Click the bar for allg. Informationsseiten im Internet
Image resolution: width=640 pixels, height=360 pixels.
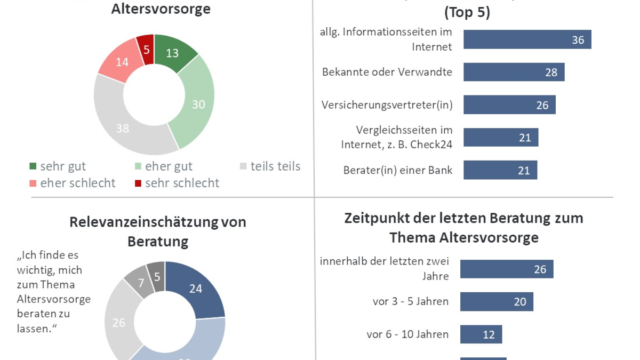pos(527,39)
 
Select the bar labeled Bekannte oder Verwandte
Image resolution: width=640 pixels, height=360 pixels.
pos(514,72)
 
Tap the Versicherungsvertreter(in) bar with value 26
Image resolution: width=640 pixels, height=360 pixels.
pos(509,105)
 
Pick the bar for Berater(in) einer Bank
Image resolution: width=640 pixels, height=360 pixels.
pos(500,170)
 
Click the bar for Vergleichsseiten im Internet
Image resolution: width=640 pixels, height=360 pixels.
pos(501,138)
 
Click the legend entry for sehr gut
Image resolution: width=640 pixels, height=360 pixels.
pos(58,167)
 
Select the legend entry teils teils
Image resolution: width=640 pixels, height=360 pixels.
pos(270,167)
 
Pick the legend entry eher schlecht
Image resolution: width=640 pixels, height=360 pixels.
pos(72,183)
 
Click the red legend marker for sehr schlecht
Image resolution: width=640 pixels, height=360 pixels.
pos(138,183)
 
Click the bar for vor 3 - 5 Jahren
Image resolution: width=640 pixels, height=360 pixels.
pos(497,302)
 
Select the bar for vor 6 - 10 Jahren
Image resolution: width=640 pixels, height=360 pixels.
pos(481,334)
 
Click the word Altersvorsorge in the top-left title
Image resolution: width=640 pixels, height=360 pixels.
pos(161,9)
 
